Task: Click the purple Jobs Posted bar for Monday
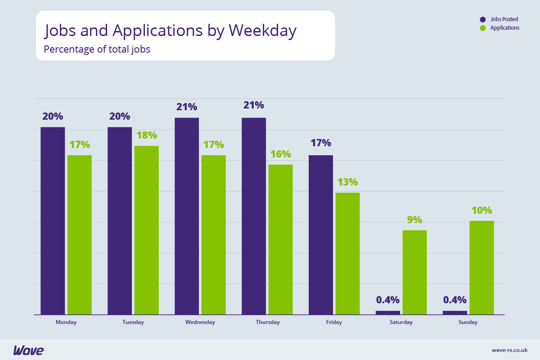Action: (x=53, y=220)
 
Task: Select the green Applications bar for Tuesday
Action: (x=146, y=230)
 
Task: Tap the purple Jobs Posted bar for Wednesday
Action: (x=187, y=216)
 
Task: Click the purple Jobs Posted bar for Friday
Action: (x=320, y=234)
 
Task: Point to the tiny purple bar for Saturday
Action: (x=387, y=312)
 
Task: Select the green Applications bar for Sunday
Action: (x=481, y=267)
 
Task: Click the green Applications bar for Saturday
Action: (x=414, y=272)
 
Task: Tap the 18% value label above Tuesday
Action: (x=146, y=135)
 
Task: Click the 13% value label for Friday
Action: (x=347, y=182)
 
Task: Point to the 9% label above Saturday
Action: (x=414, y=220)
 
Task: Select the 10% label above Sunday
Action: (x=481, y=211)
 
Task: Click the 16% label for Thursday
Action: (x=280, y=154)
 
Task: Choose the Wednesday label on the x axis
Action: (x=200, y=322)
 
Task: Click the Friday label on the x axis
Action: (x=334, y=322)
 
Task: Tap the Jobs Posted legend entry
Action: (x=504, y=19)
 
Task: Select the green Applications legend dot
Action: (x=483, y=28)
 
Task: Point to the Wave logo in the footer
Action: (x=28, y=350)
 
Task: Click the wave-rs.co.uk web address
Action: (x=509, y=350)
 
